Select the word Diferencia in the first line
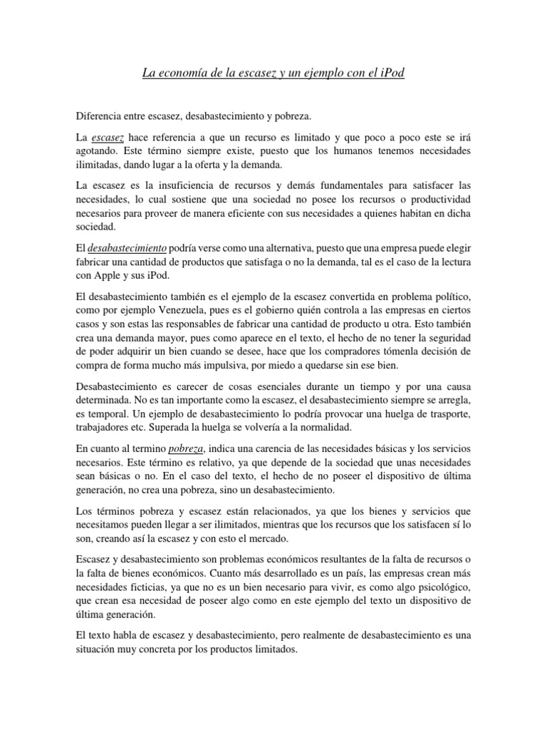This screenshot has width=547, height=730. (99, 114)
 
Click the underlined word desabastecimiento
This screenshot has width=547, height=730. (127, 247)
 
